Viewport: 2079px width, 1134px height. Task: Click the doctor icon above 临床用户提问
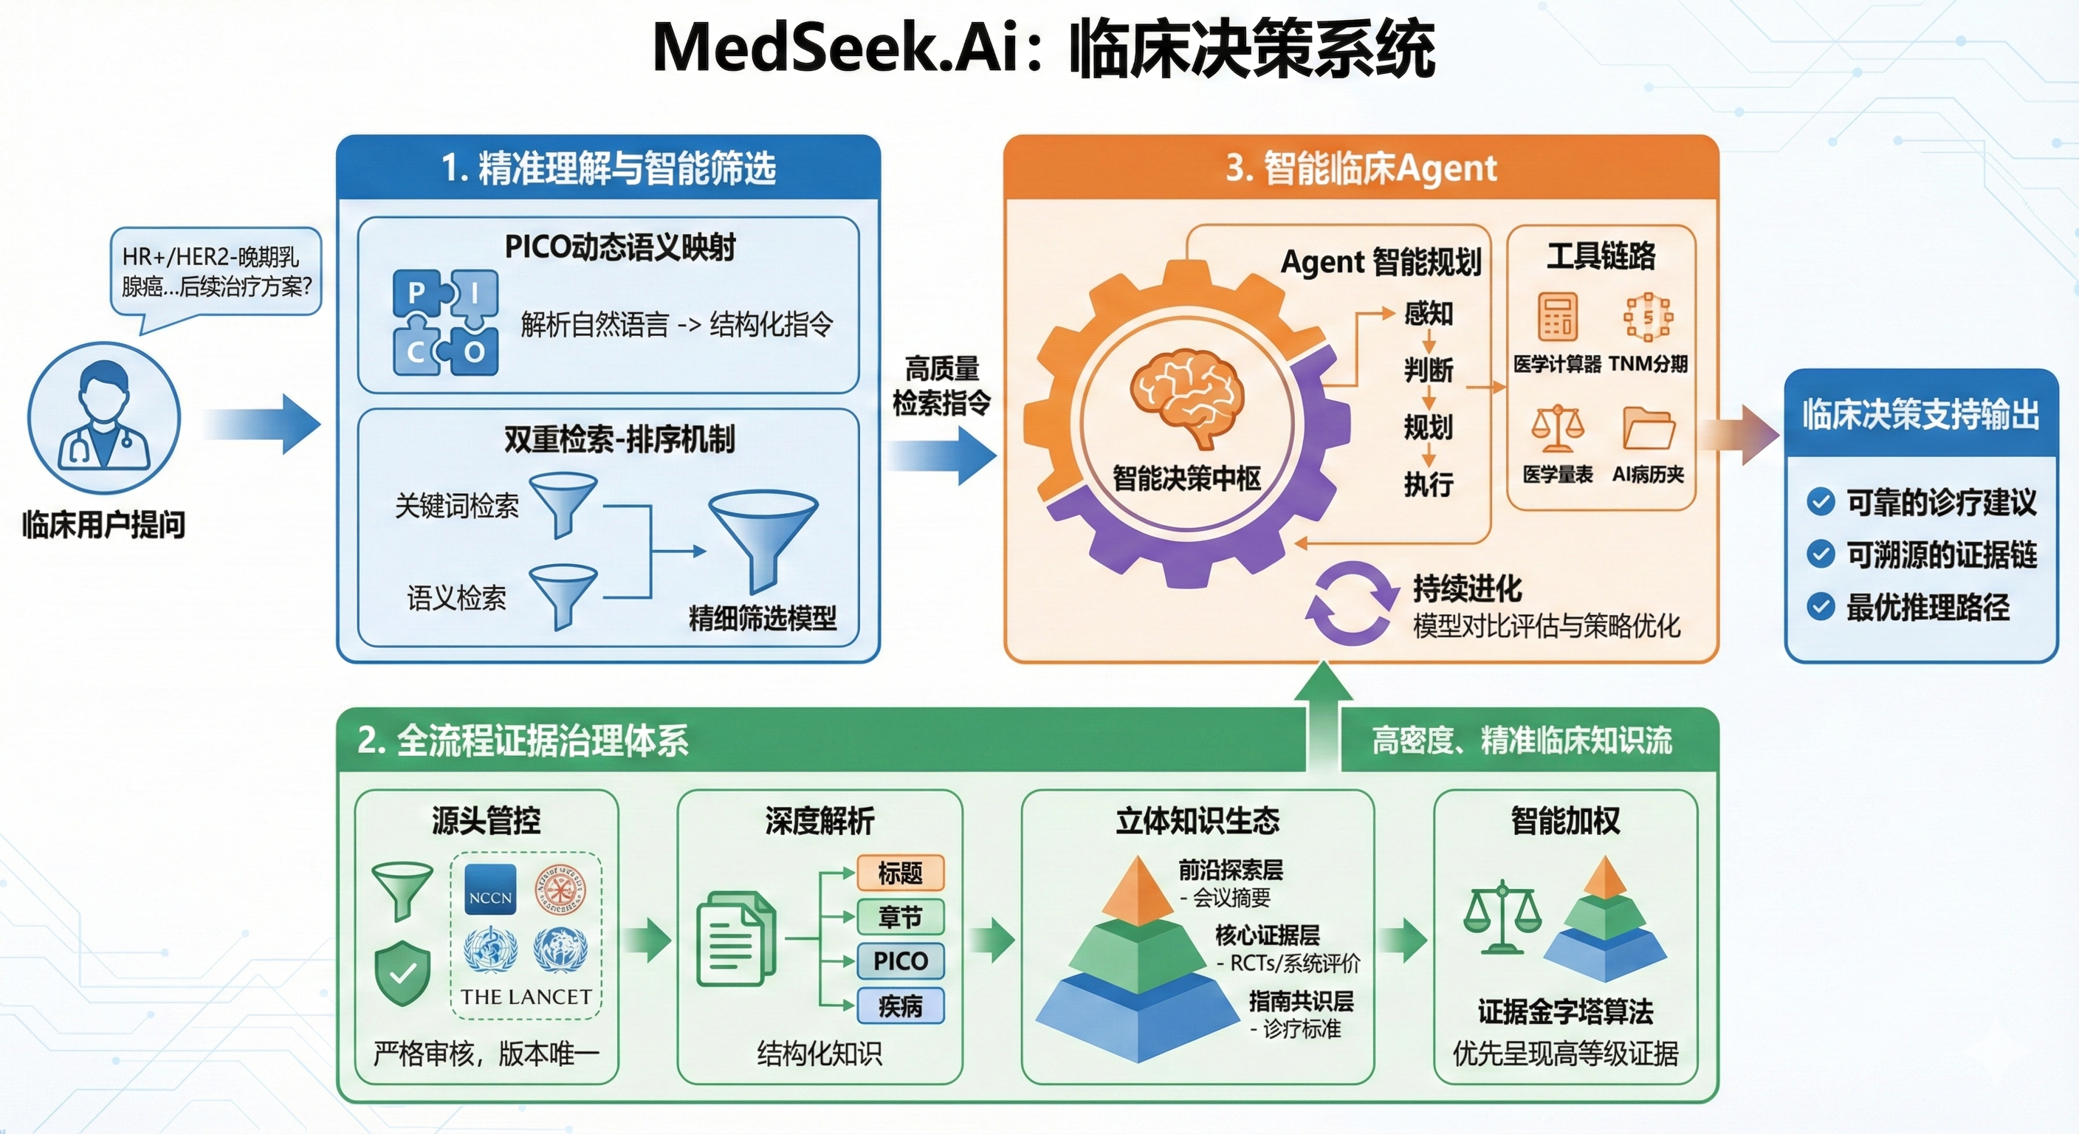103,417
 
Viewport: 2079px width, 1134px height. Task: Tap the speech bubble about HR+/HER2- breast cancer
216,272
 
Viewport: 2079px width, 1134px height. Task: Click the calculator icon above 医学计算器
1557,317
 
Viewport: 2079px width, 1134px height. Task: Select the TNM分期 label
1648,364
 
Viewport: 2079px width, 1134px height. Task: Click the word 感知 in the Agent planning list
1429,313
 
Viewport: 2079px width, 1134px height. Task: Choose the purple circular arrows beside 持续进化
1352,603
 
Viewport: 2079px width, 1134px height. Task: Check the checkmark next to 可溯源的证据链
1821,554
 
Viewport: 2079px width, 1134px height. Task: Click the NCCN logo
491,890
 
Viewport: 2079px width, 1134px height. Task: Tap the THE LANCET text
526,997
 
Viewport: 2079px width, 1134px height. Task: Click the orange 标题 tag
900,873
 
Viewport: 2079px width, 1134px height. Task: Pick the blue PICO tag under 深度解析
900,961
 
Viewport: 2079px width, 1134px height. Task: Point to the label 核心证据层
1267,935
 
